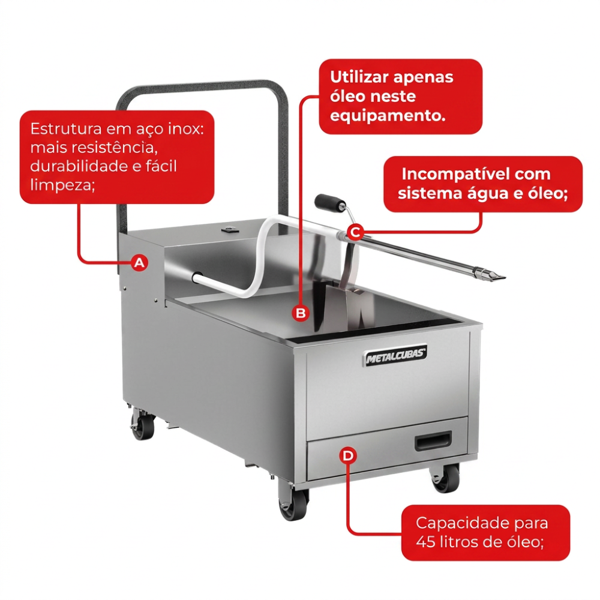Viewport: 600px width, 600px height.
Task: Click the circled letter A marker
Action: click(139, 263)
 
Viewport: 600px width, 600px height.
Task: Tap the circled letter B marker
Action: click(301, 313)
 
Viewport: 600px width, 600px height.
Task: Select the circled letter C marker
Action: click(355, 232)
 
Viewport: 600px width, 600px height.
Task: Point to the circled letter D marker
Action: click(348, 455)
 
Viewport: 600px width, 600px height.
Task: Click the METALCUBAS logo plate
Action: click(394, 355)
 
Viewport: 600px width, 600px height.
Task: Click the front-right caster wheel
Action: click(445, 478)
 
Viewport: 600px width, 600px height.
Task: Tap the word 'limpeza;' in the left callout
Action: click(63, 185)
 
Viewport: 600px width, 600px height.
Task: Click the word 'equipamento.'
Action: click(388, 116)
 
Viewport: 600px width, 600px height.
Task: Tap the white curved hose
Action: click(253, 260)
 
